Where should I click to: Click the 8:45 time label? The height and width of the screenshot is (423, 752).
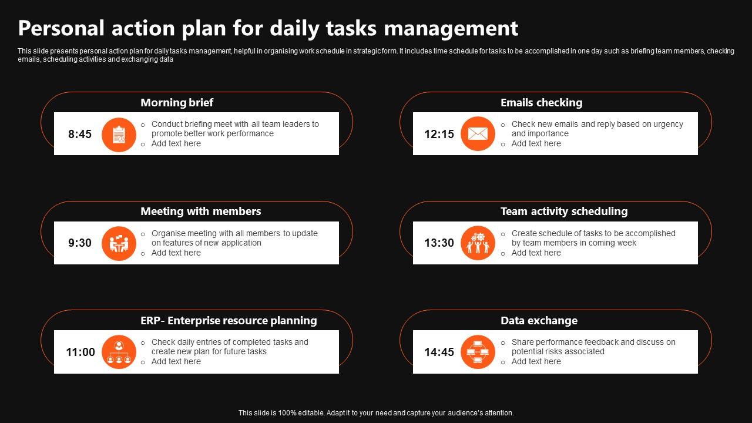[80, 134]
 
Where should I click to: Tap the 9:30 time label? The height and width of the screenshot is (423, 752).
[80, 243]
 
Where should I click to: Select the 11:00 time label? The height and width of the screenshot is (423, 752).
[80, 352]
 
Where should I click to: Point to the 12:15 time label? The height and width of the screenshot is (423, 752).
[439, 134]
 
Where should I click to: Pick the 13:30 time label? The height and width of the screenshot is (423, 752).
[439, 243]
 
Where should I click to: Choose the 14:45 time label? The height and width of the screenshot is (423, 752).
[439, 352]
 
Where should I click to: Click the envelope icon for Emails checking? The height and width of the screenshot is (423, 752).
[478, 134]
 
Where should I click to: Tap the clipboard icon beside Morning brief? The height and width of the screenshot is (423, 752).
[119, 135]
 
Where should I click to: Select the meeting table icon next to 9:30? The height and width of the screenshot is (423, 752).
[119, 243]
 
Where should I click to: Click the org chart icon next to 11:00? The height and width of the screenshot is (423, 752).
[119, 352]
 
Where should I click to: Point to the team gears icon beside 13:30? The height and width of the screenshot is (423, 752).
[478, 243]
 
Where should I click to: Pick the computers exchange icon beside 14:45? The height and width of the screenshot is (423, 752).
[478, 352]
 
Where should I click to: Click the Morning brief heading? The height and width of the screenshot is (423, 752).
[176, 103]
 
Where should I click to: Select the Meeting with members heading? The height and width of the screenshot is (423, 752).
[200, 211]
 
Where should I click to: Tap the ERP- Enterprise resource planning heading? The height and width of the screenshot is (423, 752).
[229, 321]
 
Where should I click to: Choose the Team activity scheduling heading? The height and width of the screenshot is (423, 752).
[563, 211]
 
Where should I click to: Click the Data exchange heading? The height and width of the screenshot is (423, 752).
[539, 321]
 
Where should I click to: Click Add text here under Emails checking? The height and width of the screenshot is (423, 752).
[536, 144]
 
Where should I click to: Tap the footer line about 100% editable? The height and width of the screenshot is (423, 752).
[376, 413]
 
